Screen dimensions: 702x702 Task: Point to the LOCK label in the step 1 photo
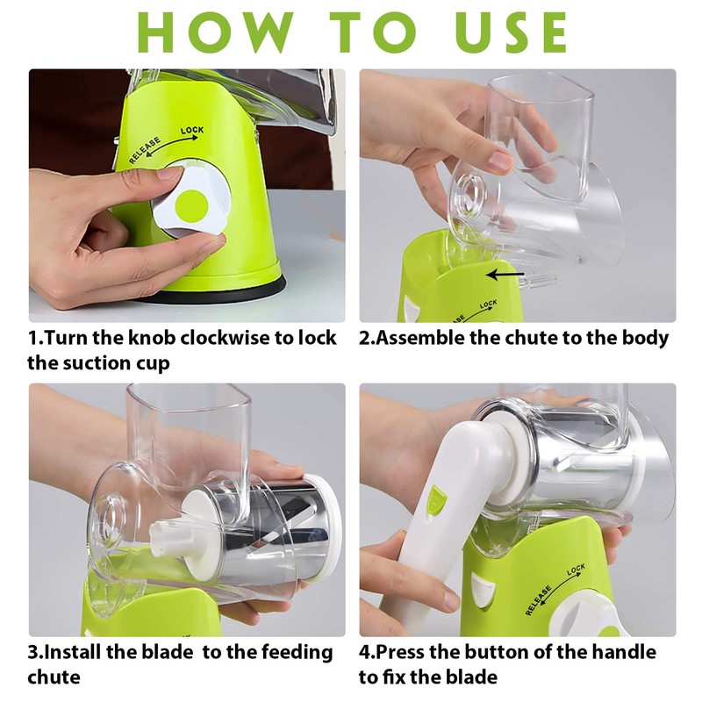coord(192,132)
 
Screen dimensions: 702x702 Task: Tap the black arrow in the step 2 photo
coord(505,275)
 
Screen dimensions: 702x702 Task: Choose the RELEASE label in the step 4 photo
coord(538,601)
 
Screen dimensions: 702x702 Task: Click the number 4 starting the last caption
coord(365,653)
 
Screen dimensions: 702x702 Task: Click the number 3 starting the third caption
coord(33,653)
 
